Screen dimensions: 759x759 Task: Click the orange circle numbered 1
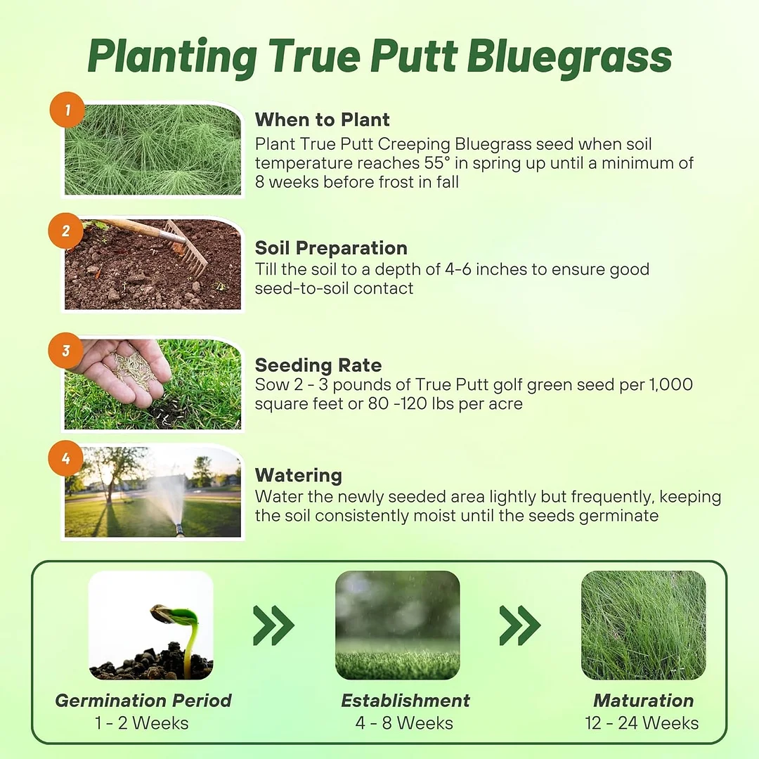(67, 110)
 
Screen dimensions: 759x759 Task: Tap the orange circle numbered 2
(66, 231)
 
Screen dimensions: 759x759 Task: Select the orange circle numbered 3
(66, 350)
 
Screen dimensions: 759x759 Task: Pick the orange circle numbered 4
(66, 459)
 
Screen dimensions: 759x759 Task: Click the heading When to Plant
(322, 119)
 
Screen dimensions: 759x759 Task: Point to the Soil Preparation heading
(331, 248)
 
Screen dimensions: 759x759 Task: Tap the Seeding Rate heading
(318, 365)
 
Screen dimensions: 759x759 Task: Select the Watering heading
(299, 475)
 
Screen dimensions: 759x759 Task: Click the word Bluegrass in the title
(570, 58)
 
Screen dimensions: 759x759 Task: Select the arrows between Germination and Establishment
(273, 625)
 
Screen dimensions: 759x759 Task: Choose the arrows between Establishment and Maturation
(520, 625)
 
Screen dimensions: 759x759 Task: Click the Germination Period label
(143, 701)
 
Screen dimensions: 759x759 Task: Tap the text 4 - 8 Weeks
(404, 722)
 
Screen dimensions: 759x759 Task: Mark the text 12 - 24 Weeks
(642, 722)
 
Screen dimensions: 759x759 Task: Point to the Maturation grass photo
(643, 625)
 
